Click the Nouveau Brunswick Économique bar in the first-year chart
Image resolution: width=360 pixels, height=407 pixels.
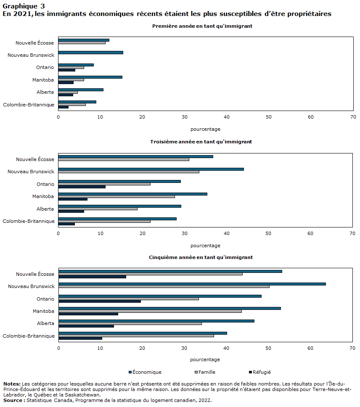[x=90, y=53]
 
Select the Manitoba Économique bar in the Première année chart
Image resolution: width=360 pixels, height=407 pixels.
[x=90, y=77]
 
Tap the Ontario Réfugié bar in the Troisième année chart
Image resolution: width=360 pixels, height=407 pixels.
[x=82, y=187]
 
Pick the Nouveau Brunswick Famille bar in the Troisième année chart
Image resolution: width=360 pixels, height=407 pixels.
[x=129, y=172]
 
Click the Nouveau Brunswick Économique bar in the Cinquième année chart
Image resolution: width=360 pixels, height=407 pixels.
[x=192, y=284]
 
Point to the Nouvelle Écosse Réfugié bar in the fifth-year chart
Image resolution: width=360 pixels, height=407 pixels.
[x=93, y=277]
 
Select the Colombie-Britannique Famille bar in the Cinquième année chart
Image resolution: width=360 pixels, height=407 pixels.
[x=136, y=336]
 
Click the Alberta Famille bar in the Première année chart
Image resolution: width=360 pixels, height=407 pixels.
[x=68, y=92]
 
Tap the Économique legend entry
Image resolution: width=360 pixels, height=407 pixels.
[x=145, y=372]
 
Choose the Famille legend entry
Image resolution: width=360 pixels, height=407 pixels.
[x=205, y=372]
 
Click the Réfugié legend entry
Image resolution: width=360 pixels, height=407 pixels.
[x=260, y=372]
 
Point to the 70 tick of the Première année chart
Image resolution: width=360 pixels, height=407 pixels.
[x=353, y=117]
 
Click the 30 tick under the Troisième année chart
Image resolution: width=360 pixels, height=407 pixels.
[x=185, y=234]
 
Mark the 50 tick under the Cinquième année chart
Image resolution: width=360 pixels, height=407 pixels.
[x=268, y=348]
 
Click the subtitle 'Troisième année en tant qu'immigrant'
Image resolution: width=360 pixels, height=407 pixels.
[x=201, y=142]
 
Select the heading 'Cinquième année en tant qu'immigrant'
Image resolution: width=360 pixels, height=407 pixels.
[x=201, y=257]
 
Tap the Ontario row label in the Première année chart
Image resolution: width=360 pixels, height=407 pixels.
[x=45, y=67]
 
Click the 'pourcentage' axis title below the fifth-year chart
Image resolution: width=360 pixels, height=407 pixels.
[x=205, y=360]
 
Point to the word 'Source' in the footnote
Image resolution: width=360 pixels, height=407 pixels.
[x=13, y=401]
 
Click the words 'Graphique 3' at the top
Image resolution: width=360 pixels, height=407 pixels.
[x=24, y=6]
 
